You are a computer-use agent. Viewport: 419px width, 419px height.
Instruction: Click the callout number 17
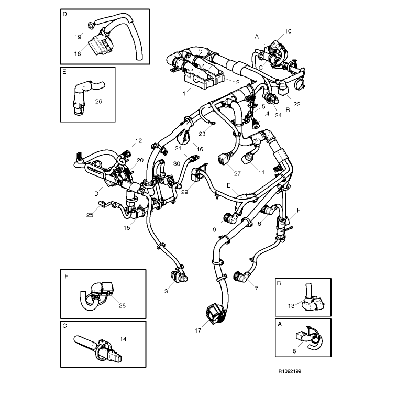click(x=198, y=330)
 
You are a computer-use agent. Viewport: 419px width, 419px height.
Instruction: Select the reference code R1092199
click(x=290, y=371)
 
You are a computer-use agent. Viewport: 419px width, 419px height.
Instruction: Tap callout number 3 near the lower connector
click(x=166, y=291)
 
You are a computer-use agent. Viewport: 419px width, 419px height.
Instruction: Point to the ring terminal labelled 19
click(x=91, y=25)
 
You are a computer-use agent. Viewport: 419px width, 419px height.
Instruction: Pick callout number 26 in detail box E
click(x=98, y=101)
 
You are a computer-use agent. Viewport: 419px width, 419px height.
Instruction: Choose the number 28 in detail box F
click(x=122, y=305)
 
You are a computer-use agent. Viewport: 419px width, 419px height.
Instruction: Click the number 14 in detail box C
click(x=123, y=339)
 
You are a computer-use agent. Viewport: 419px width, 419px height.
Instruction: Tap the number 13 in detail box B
click(x=291, y=306)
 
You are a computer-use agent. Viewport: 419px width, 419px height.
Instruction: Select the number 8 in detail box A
click(x=294, y=351)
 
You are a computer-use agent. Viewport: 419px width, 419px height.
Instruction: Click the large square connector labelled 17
click(x=215, y=314)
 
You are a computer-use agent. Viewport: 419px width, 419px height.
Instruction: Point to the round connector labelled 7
click(x=240, y=278)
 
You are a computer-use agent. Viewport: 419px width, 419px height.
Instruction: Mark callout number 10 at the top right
click(x=288, y=31)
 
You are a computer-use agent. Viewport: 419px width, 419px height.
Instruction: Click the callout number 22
click(x=297, y=104)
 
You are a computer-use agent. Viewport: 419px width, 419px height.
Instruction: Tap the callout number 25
click(x=90, y=215)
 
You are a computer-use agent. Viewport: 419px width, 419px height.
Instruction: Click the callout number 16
click(x=200, y=149)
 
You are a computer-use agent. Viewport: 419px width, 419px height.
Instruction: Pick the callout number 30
click(x=177, y=163)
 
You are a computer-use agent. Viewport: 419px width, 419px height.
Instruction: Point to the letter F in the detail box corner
click(x=67, y=276)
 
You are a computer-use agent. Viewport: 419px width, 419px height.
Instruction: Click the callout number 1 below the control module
click(x=184, y=94)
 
